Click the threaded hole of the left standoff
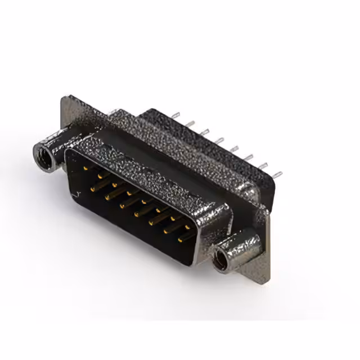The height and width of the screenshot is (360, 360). tap(42, 152)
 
